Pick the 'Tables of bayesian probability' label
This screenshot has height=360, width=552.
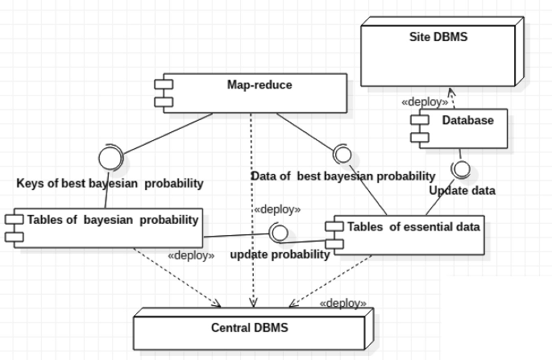(113, 219)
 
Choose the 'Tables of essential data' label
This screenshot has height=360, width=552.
(413, 226)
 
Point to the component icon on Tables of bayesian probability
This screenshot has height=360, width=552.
(13, 226)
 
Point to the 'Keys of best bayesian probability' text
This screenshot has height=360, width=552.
(110, 183)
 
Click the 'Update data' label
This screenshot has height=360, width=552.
(461, 191)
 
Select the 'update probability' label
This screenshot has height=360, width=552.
(280, 254)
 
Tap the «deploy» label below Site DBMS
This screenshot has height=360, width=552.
(425, 103)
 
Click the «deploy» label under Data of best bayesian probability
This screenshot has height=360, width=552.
(277, 209)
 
